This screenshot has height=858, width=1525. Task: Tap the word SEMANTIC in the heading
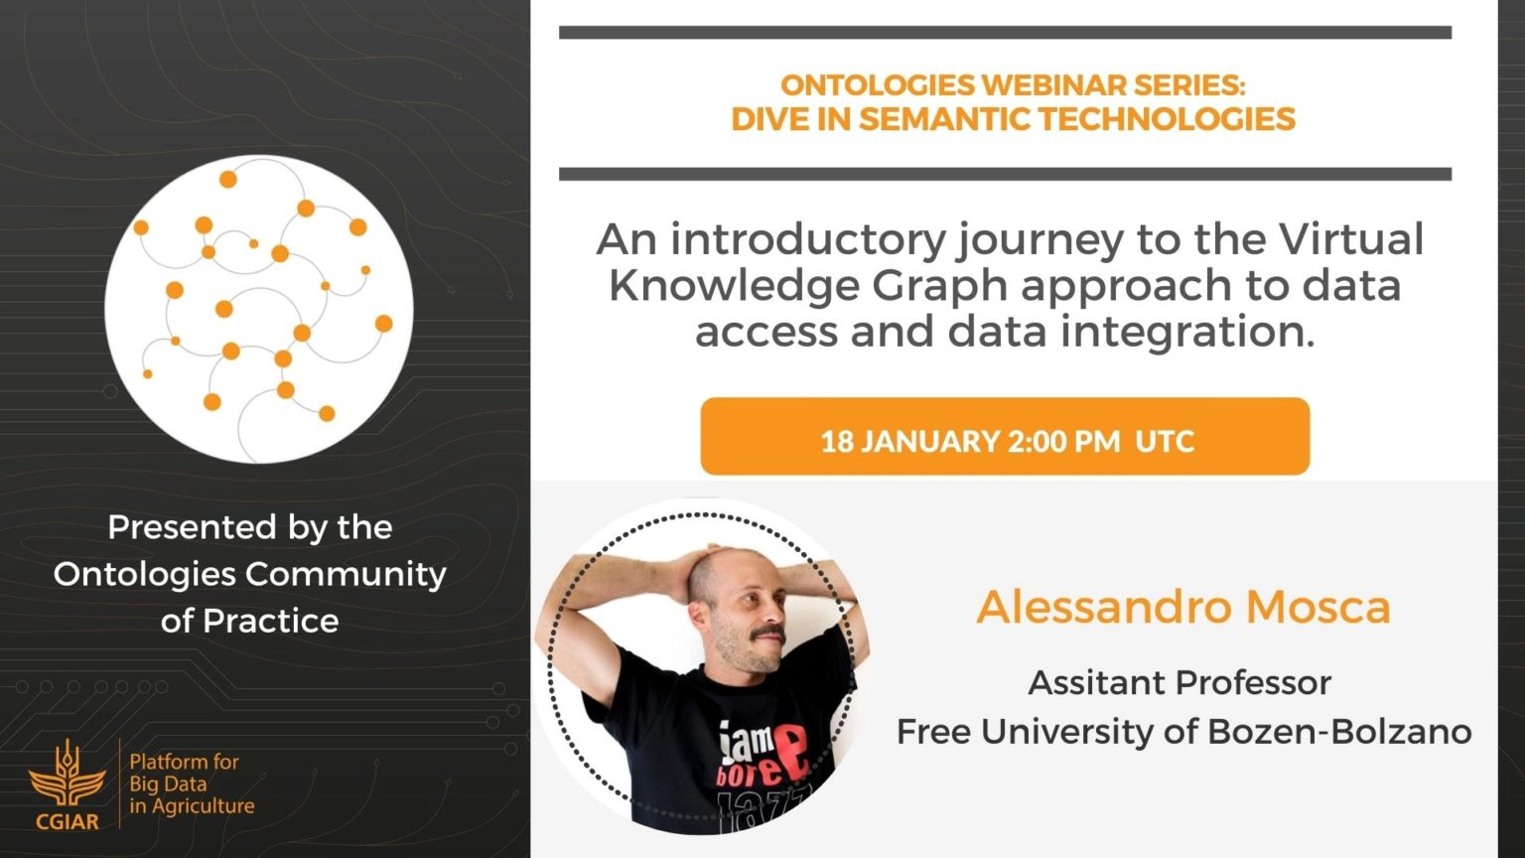945,119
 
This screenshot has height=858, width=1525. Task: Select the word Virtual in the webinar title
1351,239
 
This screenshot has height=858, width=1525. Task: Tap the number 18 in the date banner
837,441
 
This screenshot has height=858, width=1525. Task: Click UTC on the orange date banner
1165,441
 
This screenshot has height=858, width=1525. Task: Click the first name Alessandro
1104,607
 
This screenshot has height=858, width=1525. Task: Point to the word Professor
1253,683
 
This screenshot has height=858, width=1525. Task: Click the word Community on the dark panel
346,575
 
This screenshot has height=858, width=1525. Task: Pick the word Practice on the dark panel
271,621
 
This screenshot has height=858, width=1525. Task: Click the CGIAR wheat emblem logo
67,777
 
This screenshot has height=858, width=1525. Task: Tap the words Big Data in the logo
168,785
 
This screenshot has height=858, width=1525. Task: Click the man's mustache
767,634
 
